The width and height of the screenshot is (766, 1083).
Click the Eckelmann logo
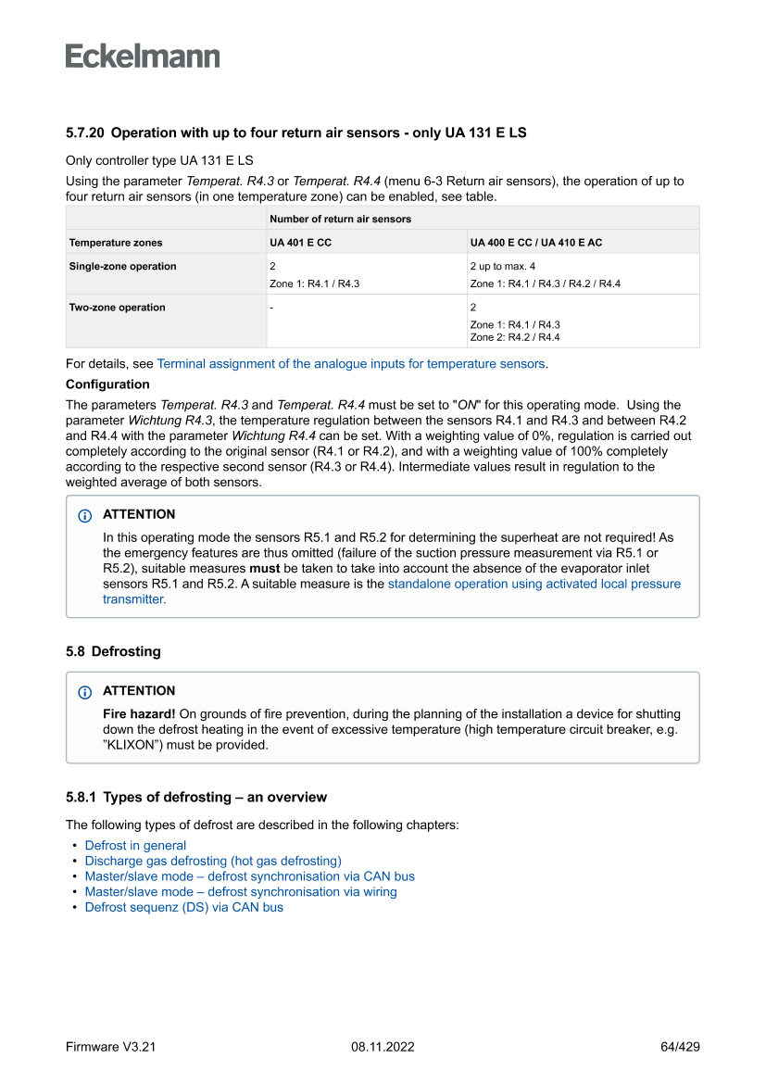[143, 56]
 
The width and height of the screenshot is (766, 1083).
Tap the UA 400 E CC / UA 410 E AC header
[536, 243]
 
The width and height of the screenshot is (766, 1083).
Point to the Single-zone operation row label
[122, 267]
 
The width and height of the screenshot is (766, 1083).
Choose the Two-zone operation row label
[117, 308]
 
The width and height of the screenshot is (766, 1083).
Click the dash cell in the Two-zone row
[271, 308]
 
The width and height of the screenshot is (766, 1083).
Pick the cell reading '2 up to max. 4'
[503, 267]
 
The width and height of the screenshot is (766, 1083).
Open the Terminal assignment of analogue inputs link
[351, 364]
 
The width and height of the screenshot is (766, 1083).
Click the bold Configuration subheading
[107, 384]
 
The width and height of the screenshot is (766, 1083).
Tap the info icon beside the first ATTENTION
[85, 515]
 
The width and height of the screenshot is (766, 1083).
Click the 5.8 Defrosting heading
[113, 651]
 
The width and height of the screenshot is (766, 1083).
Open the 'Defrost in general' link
[135, 846]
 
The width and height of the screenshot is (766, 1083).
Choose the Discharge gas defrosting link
[213, 861]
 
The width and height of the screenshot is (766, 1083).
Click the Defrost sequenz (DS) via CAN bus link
[183, 908]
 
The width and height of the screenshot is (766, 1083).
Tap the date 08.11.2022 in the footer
[383, 1047]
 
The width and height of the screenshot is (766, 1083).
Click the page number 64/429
[680, 1047]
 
